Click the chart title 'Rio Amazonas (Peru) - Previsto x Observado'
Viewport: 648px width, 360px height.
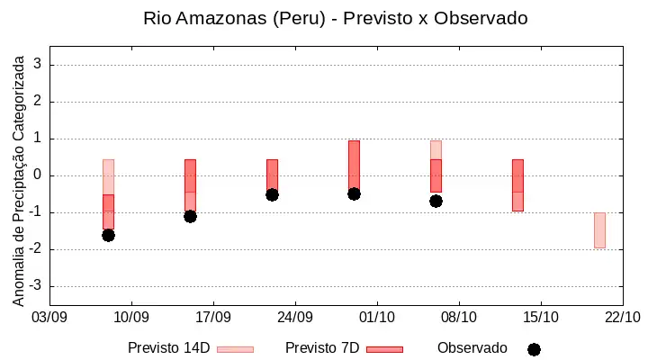point(335,18)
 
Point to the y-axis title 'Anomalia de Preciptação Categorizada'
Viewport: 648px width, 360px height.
point(18,181)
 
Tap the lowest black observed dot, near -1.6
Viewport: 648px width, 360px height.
point(108,236)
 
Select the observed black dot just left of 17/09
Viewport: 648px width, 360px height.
point(190,216)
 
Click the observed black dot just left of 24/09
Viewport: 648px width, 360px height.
point(272,194)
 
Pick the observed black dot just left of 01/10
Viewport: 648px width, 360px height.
point(354,193)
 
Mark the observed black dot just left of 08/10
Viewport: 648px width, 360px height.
point(436,202)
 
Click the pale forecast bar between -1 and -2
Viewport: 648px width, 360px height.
point(599,230)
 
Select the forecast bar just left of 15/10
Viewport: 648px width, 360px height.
point(517,185)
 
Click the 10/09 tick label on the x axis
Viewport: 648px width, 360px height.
point(131,318)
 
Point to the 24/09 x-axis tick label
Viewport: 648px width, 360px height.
point(295,318)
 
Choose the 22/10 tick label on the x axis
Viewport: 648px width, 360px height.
point(623,318)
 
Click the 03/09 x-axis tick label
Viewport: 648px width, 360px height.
point(49,318)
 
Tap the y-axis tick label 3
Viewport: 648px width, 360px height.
point(38,64)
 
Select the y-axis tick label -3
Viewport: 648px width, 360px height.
point(35,285)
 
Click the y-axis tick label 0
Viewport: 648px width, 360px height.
point(38,175)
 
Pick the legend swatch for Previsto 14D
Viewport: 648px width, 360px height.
point(235,349)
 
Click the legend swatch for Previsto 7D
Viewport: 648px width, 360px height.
point(385,349)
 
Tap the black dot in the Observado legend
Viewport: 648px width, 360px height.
point(534,350)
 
